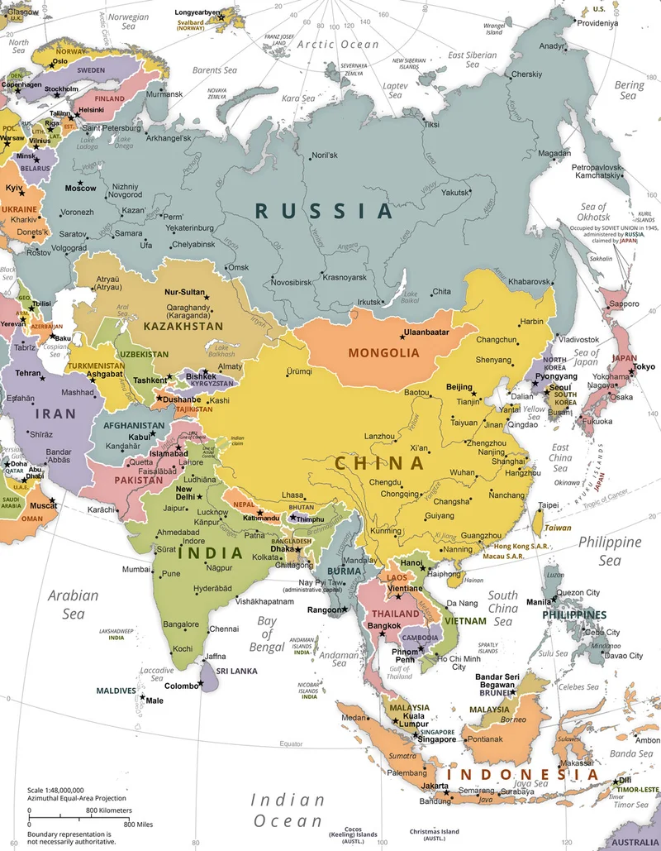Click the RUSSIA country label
325,210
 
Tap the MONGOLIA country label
379,352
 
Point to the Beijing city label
459,387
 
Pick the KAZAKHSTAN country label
183,327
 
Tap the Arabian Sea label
73,605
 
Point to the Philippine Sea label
609,552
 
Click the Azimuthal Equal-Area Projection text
76,799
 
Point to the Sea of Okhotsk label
593,212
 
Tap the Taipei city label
549,505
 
